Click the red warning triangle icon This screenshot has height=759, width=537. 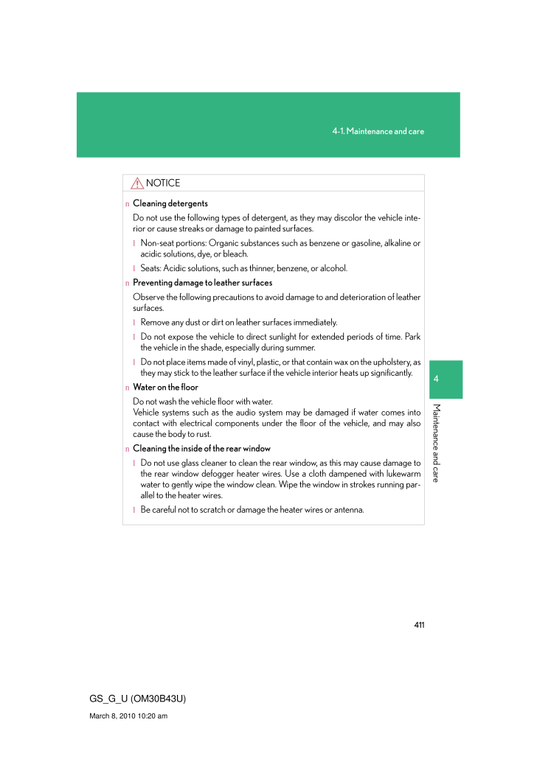tap(138, 183)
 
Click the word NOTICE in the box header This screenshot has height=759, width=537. tap(163, 183)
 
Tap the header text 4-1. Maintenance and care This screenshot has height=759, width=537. tap(378, 131)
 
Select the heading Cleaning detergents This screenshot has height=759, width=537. tap(170, 203)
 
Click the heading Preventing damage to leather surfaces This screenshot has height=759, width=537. tap(202, 283)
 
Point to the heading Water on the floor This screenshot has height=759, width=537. tap(165, 388)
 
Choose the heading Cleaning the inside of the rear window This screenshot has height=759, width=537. tap(201, 449)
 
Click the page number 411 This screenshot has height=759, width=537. tap(419, 625)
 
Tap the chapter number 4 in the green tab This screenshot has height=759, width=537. tap(437, 379)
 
